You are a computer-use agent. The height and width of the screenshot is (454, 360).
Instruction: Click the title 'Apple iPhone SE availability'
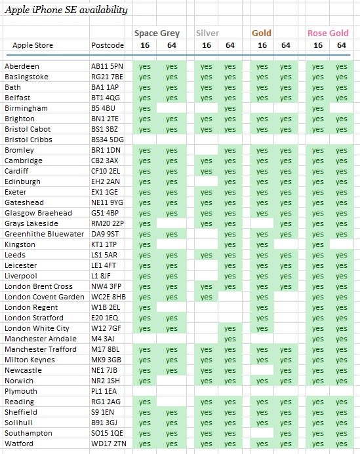tap(66, 10)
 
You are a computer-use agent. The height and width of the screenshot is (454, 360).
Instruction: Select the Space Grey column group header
tap(157, 33)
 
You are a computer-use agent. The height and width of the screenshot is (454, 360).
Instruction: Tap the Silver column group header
tap(207, 33)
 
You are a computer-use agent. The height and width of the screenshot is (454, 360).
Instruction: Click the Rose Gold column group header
tap(328, 33)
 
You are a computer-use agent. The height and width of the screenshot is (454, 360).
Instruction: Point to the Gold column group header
tap(262, 33)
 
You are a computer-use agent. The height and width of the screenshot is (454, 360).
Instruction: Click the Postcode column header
tap(108, 45)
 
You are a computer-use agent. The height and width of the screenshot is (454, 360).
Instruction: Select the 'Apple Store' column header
tap(33, 45)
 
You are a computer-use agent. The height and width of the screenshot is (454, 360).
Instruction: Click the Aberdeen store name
tap(22, 66)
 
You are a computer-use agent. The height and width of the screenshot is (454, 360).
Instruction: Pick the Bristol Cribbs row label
tap(28, 140)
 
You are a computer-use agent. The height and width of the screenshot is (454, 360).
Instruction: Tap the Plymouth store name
tap(21, 391)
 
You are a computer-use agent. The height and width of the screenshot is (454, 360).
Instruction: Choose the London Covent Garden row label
tap(45, 297)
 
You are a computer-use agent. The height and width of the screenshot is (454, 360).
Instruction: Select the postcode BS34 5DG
tap(108, 140)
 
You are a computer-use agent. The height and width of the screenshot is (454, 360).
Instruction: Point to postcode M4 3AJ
tap(103, 339)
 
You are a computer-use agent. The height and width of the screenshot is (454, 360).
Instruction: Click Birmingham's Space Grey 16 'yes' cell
tap(145, 108)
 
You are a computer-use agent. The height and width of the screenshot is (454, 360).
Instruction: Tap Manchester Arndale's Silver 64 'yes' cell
tap(230, 339)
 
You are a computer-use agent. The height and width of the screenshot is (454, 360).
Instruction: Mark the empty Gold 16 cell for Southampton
tap(262, 433)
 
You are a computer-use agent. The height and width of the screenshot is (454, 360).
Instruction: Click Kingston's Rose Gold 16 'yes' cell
tap(317, 244)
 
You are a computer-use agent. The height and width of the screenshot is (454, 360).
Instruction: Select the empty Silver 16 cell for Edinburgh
tap(206, 181)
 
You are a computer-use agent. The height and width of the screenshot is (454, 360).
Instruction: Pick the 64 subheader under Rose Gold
tap(342, 45)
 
